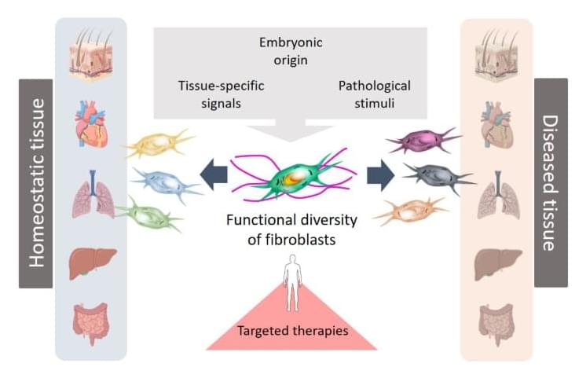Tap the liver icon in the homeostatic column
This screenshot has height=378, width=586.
coord(92,263)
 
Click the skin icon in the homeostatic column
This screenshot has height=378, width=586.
coord(91,56)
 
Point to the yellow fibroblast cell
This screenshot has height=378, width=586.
coord(161,145)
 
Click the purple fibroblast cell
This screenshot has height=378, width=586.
coord(424,141)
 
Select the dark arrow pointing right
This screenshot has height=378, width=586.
coord(379,174)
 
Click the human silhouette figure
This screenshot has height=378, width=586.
coord(292,287)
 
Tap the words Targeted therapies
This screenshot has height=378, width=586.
coord(292,331)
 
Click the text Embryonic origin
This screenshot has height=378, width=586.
coord(291,50)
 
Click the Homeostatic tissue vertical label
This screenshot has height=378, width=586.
coord(36,183)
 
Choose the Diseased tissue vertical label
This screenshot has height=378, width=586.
coord(549,183)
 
